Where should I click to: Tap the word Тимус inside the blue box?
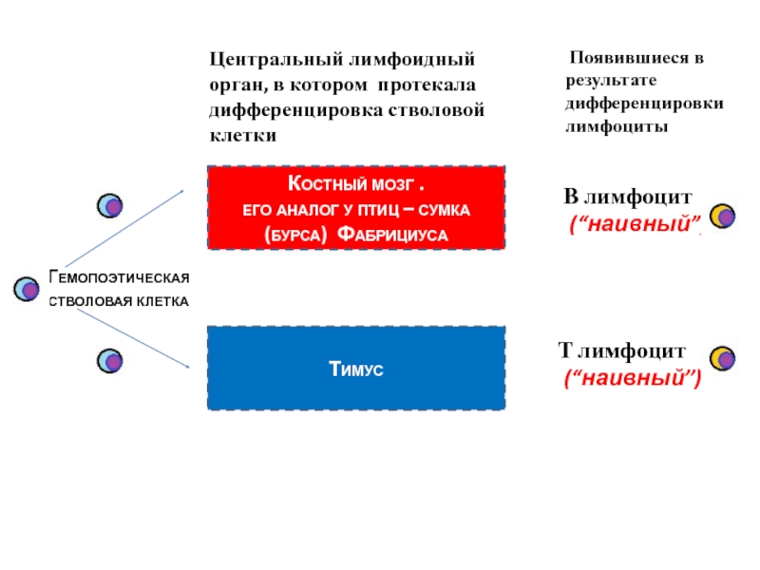click(356, 369)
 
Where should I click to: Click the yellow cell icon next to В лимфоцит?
click(723, 216)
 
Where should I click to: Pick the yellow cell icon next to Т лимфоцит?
click(724, 358)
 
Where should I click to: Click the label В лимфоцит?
click(628, 198)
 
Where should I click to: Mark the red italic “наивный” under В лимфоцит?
click(633, 225)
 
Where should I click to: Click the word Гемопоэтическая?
click(120, 277)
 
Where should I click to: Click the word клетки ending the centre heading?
click(243, 135)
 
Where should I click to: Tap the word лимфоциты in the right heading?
click(617, 124)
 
